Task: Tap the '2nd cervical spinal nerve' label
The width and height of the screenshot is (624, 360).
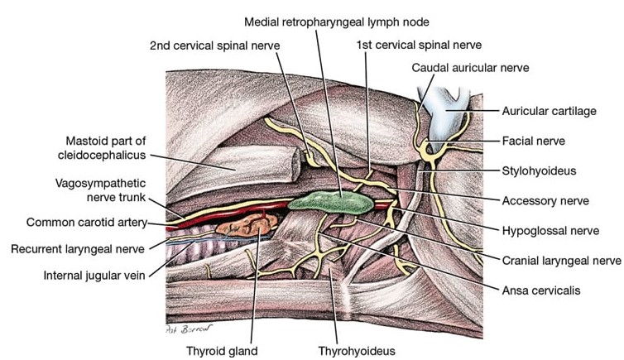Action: pyautogui.click(x=214, y=45)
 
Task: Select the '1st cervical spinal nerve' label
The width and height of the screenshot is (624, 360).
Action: pyautogui.click(x=418, y=45)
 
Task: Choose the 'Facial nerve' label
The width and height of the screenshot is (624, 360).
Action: pyautogui.click(x=533, y=141)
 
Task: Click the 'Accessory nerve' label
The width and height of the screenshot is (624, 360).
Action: pyautogui.click(x=545, y=200)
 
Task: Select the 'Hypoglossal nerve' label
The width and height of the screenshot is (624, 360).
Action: pyautogui.click(x=550, y=230)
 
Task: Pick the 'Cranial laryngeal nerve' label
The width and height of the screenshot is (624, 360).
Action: pyautogui.click(x=560, y=260)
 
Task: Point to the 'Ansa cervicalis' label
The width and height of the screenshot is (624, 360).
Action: pyautogui.click(x=542, y=290)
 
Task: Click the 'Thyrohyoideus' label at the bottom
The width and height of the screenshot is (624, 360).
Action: pyautogui.click(x=357, y=350)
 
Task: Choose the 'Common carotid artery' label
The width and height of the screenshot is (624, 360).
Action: pyautogui.click(x=85, y=222)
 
